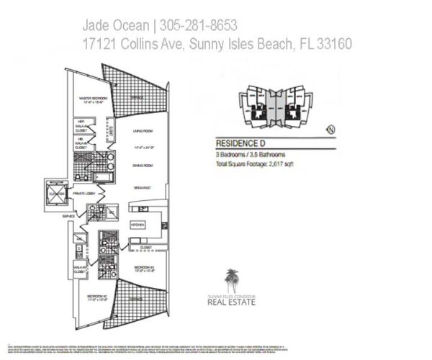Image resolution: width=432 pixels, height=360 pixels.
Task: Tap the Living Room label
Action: (145, 131)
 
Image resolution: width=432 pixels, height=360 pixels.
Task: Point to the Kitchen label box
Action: (138, 225)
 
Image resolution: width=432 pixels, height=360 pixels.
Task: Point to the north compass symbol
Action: (331, 129)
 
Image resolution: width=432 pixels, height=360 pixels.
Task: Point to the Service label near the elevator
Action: (69, 215)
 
